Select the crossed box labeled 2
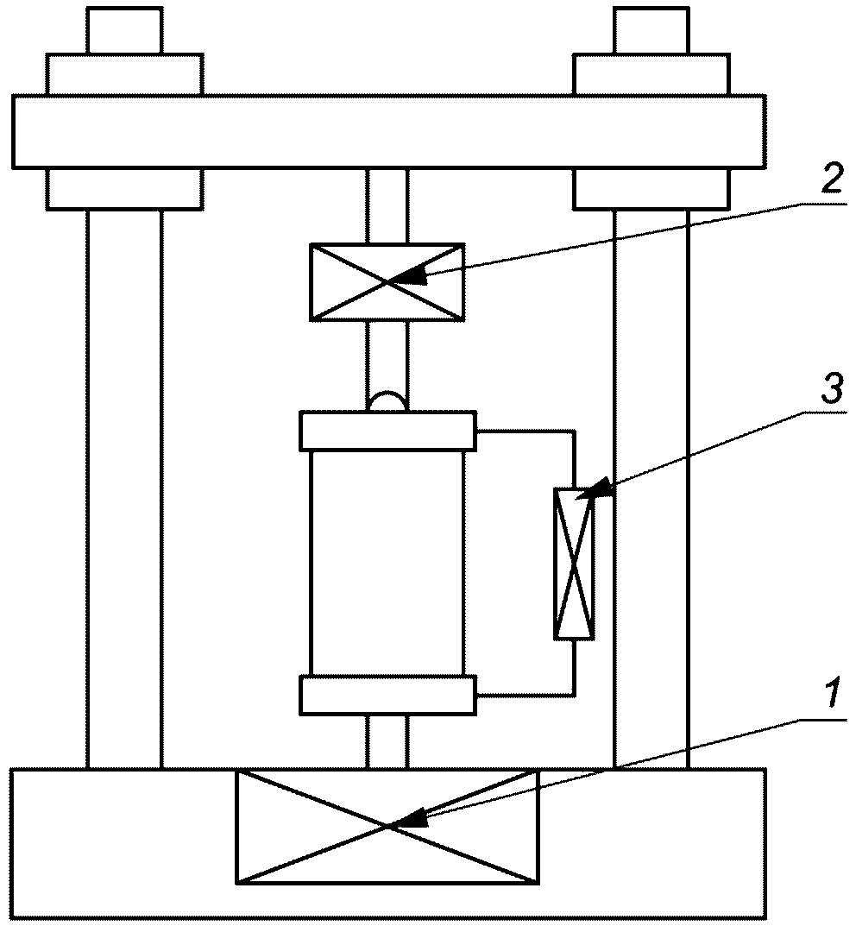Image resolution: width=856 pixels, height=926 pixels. [387, 281]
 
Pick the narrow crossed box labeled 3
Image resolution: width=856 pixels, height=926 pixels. [574, 564]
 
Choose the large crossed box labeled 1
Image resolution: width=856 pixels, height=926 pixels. [387, 826]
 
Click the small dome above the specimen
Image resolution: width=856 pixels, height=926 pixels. [387, 401]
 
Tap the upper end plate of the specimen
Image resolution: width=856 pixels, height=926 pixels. [387, 432]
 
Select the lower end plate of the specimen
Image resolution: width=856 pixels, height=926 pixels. [387, 696]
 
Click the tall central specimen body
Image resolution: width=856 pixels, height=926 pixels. [387, 564]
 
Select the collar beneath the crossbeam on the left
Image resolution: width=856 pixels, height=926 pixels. [124, 189]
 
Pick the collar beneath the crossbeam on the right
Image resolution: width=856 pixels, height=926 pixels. [651, 189]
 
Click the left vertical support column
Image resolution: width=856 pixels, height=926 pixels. [124, 489]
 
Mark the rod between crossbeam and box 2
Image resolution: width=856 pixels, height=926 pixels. [387, 205]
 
